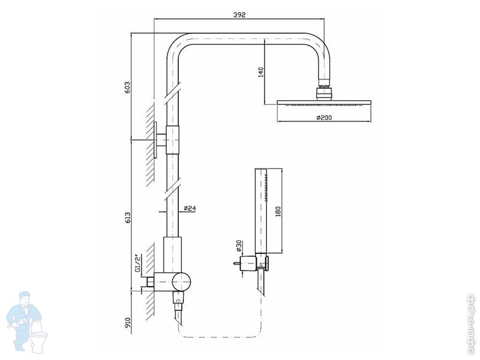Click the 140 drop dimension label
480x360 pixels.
coord(260,73)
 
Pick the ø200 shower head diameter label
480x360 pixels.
coord(324,118)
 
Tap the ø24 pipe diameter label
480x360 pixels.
coord(190,208)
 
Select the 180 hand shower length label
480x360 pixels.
coord(278,211)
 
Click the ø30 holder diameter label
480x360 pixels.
coord(239,246)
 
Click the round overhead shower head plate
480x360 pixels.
coord(324,103)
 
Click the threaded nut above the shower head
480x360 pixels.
coord(324,92)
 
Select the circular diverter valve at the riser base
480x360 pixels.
coord(180,280)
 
